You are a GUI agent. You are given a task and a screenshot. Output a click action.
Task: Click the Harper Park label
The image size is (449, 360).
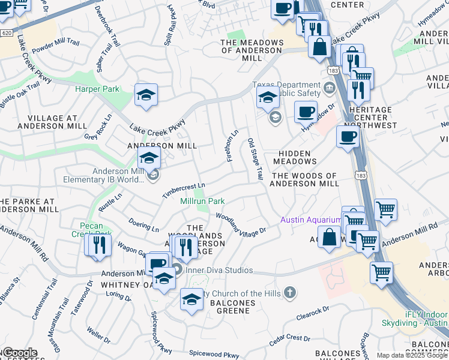(97, 89)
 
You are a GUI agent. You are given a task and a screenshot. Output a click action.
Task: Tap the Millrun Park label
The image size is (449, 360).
(203, 201)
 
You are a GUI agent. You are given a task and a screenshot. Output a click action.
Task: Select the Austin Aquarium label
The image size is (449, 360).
(310, 220)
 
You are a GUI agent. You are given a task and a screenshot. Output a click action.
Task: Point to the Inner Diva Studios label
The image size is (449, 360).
(218, 270)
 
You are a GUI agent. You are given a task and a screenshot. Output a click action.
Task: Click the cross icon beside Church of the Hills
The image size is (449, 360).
(290, 293)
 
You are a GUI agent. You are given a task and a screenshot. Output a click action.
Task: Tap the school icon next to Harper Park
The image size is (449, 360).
(146, 96)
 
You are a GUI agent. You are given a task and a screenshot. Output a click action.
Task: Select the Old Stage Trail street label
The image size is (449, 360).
(255, 158)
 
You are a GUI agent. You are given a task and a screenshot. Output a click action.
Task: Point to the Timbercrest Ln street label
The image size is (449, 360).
(184, 191)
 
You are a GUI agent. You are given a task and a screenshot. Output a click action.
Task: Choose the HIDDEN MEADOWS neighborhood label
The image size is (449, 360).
(295, 157)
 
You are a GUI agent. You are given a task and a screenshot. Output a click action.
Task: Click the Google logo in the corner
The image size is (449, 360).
(20, 353)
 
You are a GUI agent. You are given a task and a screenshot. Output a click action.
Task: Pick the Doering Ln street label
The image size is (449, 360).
(144, 225)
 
